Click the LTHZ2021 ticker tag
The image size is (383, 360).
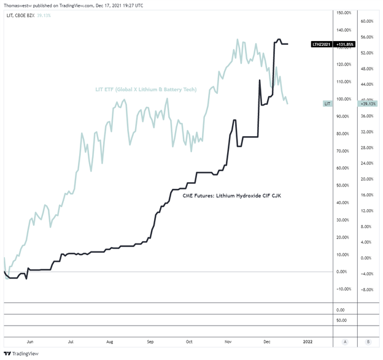click(322, 44)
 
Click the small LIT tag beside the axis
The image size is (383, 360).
click(327, 104)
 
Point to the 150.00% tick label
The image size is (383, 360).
click(344, 13)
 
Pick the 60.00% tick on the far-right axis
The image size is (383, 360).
click(367, 21)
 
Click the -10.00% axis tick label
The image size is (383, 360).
click(344, 289)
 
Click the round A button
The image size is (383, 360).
click(346, 342)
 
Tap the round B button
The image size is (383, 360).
click(367, 342)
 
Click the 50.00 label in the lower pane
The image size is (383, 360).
click(342, 320)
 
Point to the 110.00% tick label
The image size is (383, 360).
click(344, 82)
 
